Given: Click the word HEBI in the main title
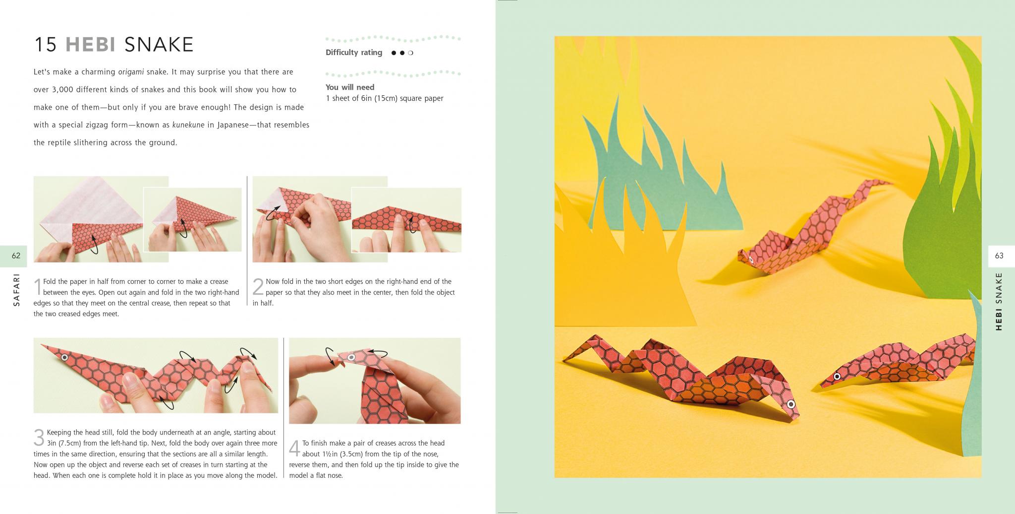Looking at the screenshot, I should click(91, 45).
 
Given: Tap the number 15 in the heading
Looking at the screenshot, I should click(46, 45).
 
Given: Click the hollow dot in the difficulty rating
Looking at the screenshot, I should click(411, 53).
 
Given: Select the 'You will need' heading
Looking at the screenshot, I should click(350, 87).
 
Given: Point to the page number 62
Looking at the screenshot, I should click(16, 256).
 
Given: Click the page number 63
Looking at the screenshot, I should click(999, 256).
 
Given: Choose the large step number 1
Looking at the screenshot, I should click(38, 287).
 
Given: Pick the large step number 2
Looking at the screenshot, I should click(258, 287).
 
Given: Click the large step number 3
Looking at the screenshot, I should click(39, 438).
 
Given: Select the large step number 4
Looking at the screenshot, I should click(294, 449).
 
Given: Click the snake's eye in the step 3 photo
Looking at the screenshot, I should click(64, 357).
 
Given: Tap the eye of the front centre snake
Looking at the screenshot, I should click(791, 404).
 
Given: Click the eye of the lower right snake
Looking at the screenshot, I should click(837, 376).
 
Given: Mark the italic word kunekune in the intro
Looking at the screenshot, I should click(188, 125).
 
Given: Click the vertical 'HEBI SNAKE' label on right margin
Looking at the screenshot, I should click(999, 301).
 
